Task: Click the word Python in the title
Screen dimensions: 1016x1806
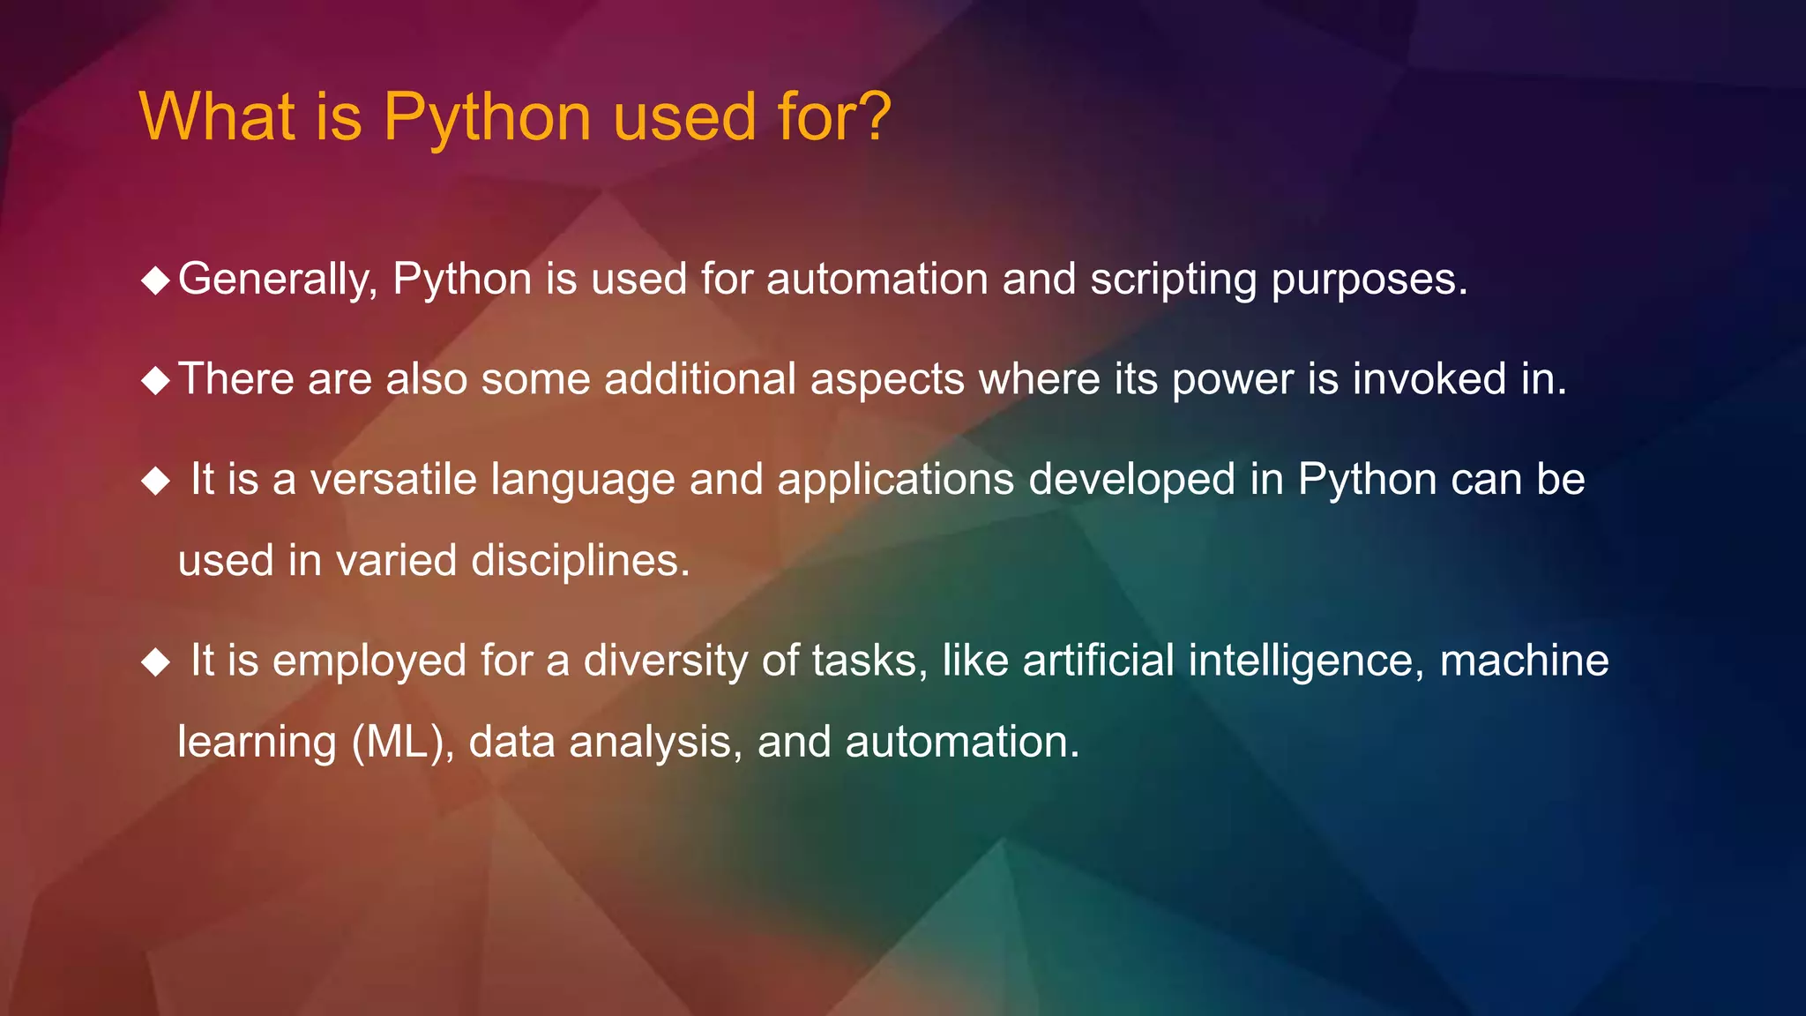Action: click(x=486, y=119)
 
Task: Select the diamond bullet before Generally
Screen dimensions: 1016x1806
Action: click(x=155, y=281)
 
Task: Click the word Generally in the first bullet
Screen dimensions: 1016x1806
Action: click(x=278, y=280)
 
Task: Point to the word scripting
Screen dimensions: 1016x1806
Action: click(x=1173, y=280)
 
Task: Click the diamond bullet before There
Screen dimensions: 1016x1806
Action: click(x=155, y=381)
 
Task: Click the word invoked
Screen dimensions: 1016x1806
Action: click(x=1429, y=379)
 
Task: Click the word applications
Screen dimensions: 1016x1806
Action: click(x=895, y=482)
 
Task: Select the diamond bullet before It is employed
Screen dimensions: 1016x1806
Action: click(x=155, y=661)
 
